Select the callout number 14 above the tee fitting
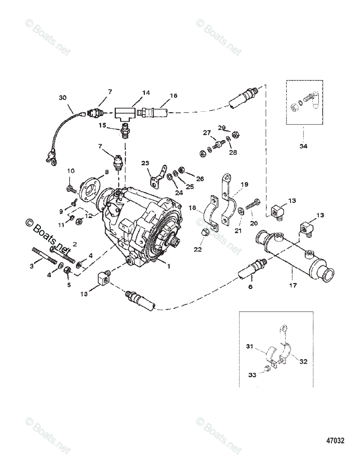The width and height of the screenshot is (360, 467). (135, 93)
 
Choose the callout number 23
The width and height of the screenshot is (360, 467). (145, 163)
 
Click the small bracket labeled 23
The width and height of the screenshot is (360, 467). (157, 175)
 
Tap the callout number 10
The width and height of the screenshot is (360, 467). (71, 170)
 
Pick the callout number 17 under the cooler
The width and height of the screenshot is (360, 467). (293, 285)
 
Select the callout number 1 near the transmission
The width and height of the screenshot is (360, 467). (168, 267)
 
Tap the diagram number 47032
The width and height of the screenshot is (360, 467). (335, 441)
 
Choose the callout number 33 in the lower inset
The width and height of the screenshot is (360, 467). (252, 375)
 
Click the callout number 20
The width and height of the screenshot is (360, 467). (254, 223)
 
